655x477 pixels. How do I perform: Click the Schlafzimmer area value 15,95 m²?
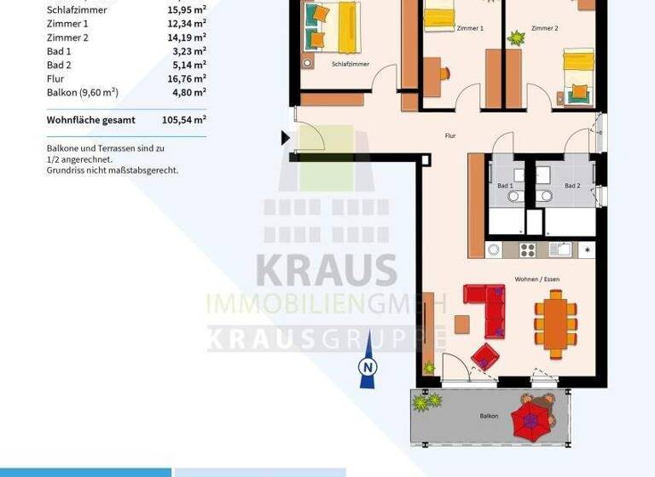coord(187,10)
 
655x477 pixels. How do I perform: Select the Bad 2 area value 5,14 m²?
coord(187,65)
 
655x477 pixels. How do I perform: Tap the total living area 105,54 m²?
coord(183,120)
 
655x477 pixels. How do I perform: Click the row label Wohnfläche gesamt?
coord(90,120)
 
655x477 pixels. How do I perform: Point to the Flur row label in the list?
coord(55,78)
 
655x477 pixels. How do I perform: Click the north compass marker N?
coord(368,366)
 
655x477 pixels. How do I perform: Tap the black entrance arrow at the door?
coord(287,137)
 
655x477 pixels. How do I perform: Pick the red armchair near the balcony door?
coord(484,355)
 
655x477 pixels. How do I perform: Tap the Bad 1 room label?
coord(505,186)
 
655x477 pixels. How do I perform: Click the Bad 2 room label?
coord(572,186)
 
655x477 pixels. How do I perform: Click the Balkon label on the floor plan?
coord(489,416)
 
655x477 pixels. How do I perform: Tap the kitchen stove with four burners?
coord(527,250)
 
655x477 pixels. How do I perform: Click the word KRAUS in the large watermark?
coord(327,271)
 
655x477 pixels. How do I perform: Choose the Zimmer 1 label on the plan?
coord(470,28)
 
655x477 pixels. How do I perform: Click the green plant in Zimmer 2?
coord(515,37)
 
